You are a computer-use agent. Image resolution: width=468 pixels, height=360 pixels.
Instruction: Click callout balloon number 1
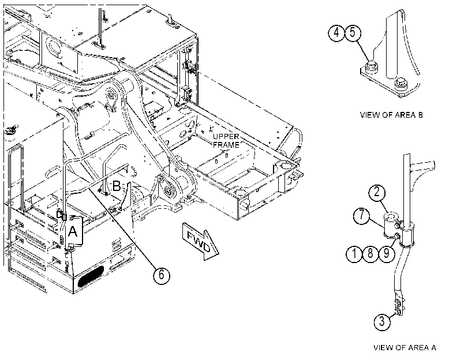coord(354,254)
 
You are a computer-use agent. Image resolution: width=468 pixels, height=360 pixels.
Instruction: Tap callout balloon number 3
coord(382,322)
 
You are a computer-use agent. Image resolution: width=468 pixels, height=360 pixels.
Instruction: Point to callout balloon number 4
coord(336,33)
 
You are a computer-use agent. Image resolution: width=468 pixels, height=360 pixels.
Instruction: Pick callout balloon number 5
coord(353,33)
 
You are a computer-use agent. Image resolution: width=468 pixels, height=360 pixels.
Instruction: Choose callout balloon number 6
coord(162,275)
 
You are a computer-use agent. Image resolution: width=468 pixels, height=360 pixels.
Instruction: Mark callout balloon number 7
coord(362,215)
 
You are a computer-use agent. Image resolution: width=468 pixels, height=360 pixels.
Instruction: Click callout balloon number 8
coord(370,254)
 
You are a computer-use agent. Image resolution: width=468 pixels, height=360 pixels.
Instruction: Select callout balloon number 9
coord(387,254)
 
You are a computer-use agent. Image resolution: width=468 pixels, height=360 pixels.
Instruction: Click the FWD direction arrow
coord(200,241)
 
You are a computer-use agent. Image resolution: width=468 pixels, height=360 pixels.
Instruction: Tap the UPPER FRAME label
coord(226,141)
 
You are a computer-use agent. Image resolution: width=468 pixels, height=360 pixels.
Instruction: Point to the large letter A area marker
coord(73,231)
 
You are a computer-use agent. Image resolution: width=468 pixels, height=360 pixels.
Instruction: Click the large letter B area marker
coord(116,186)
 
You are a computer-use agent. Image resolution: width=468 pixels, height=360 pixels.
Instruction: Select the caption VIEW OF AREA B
coord(391,115)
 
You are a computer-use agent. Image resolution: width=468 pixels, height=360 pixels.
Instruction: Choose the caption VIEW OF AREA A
coord(405,347)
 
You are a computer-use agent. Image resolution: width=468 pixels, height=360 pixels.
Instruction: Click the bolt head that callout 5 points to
coord(372,66)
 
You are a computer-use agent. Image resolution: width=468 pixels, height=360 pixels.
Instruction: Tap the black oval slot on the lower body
coord(91,276)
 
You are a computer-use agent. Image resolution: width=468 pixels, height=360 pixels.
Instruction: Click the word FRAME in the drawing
coord(226,145)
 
